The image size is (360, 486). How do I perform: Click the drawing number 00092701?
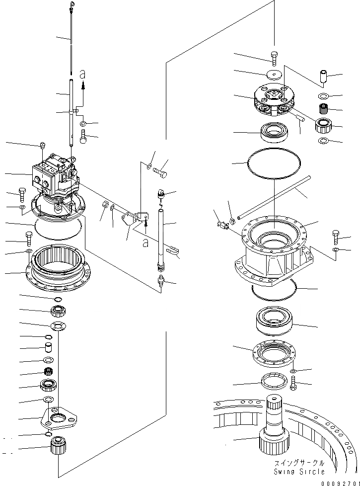[339, 482]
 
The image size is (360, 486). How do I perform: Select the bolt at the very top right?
[275, 57]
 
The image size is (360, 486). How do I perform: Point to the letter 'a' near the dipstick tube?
[83, 75]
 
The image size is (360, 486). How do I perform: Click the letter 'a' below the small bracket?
[144, 243]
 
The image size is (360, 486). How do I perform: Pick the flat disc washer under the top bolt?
[273, 75]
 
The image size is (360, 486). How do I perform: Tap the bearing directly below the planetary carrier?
[274, 132]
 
